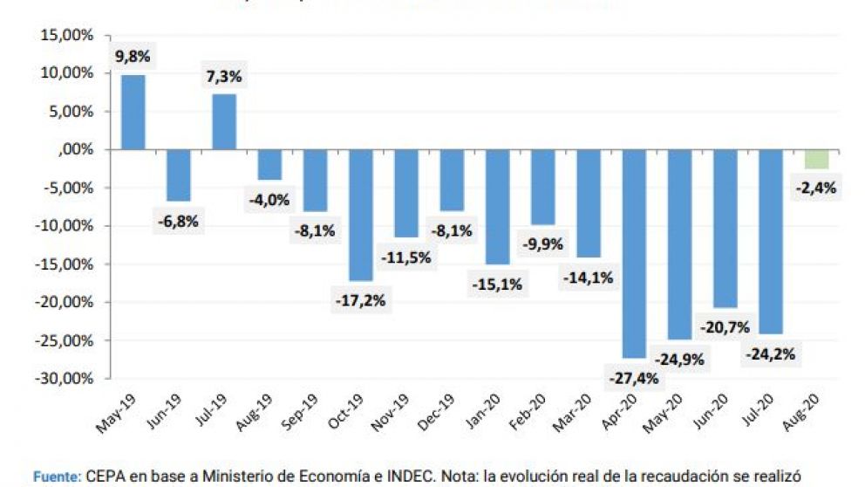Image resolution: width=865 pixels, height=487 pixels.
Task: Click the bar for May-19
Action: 133,113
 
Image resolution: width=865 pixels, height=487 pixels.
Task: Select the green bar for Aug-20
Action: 816,159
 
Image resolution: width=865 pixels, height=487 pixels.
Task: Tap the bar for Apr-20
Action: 634,253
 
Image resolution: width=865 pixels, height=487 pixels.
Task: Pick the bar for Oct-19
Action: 360,215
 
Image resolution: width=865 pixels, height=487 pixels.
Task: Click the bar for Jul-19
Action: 224,122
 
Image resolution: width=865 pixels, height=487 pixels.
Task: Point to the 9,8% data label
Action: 133,57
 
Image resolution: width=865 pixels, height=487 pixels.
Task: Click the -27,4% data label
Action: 634,378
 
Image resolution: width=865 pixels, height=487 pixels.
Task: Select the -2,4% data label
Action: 817,186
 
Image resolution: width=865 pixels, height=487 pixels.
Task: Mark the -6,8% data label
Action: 178,221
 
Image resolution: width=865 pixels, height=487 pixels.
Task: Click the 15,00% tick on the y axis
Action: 67,36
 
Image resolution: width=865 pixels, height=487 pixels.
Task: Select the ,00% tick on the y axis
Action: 77,150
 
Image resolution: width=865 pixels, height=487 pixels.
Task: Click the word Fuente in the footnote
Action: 57,477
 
